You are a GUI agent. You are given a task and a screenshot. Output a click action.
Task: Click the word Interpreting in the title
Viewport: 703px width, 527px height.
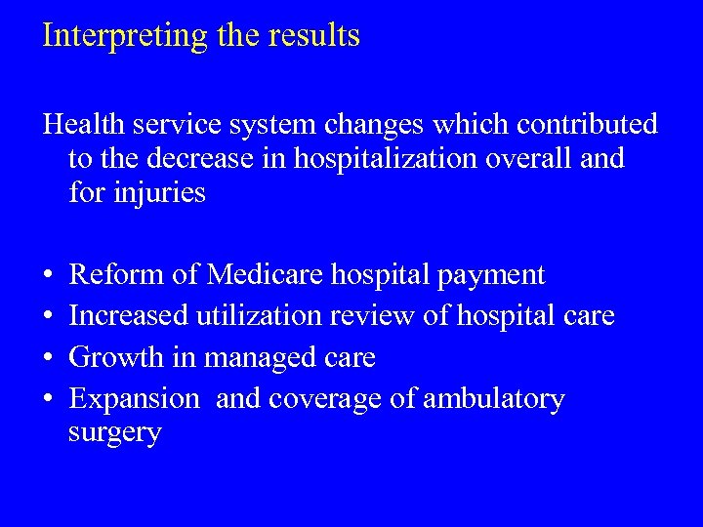[126, 36]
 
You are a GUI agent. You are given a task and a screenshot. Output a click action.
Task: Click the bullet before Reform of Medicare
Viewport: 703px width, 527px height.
[48, 276]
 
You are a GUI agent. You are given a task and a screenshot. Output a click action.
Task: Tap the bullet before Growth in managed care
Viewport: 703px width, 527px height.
[48, 358]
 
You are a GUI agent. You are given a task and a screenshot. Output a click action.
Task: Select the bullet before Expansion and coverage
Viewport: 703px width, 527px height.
[48, 399]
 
